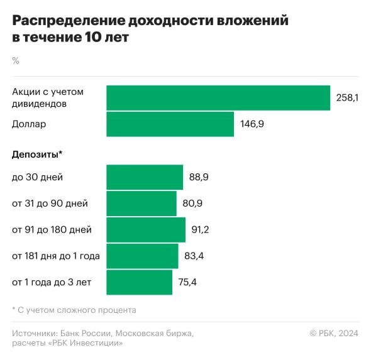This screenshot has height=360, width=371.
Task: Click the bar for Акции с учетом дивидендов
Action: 218,98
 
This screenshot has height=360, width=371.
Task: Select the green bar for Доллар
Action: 170,124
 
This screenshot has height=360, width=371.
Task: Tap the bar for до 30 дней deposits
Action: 145,177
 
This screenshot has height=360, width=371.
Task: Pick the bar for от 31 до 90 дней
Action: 141,204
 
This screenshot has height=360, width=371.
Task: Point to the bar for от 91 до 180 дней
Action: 146,230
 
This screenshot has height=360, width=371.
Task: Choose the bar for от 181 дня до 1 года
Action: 142,256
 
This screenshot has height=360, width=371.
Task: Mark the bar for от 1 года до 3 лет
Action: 139,282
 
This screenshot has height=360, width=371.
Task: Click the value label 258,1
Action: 347,98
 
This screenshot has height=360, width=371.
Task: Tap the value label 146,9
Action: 252,124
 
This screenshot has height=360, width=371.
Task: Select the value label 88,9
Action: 199,177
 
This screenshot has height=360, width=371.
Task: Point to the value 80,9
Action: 192,204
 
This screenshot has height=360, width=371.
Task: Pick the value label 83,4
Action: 194,256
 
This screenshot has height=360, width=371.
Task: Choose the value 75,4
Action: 187,282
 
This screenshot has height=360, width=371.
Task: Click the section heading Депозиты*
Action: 37,154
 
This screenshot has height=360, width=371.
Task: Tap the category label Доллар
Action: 29,124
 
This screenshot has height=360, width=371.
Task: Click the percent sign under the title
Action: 16,60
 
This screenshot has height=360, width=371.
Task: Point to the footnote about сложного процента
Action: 74,310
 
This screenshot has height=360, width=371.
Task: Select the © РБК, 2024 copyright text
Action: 333,333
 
